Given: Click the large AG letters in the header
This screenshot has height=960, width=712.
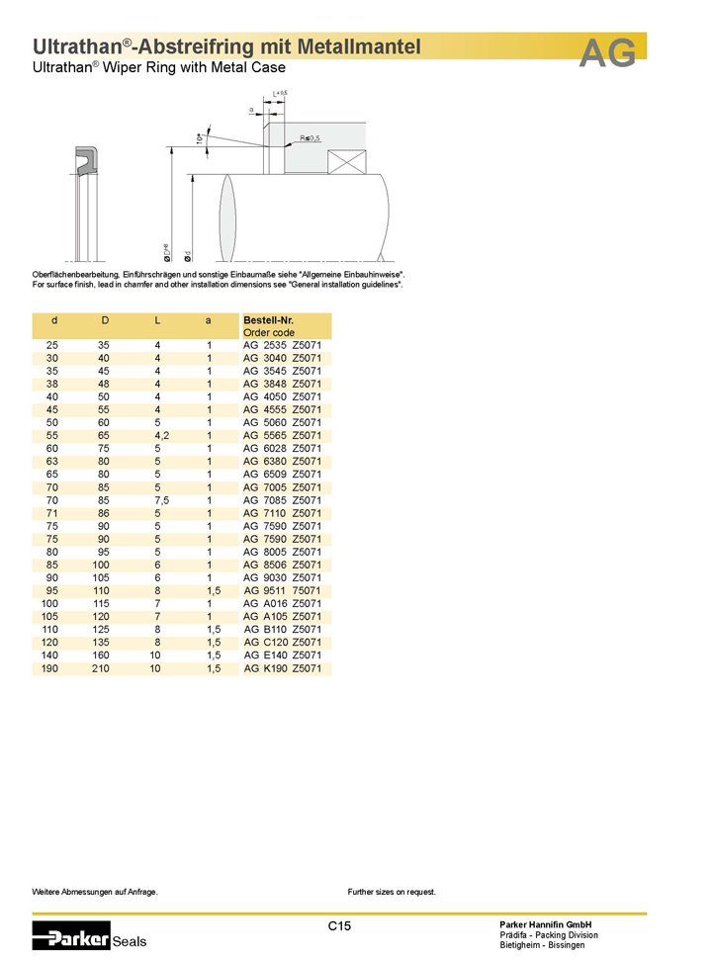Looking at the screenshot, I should tap(607, 54).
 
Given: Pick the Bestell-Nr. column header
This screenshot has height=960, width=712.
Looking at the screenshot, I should tap(268, 320).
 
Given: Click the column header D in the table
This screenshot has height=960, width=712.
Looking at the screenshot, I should tap(105, 320).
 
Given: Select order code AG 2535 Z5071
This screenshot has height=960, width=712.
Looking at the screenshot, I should tap(283, 345).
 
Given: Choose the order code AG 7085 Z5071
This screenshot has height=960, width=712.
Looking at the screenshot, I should tap(283, 500).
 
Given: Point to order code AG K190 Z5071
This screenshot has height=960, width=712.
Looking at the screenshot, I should tap(284, 669).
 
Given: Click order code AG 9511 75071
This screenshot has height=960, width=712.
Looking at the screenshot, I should tap(284, 591).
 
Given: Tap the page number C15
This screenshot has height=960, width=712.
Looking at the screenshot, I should tap(340, 926).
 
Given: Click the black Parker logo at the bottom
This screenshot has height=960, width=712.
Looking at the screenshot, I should tap(71, 935).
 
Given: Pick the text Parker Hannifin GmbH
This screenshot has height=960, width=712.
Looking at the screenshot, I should tap(546, 923).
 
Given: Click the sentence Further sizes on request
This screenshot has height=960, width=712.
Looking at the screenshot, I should tap(392, 892).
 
